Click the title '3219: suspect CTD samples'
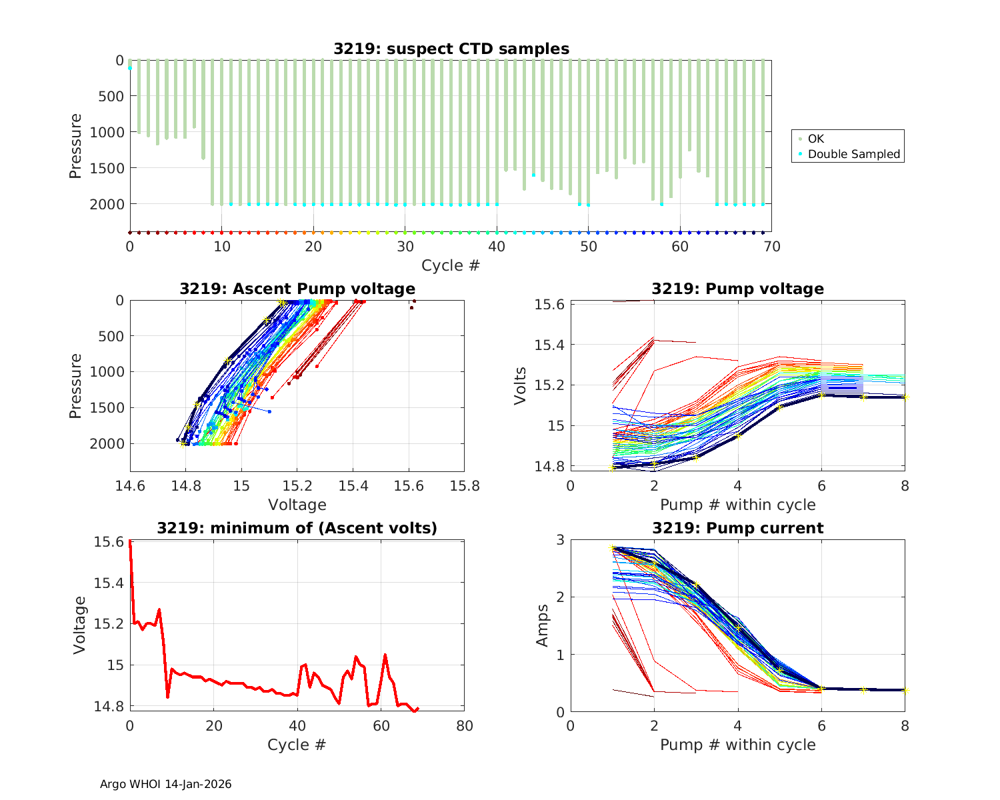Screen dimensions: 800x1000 (451, 49)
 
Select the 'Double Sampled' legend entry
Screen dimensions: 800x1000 (853, 154)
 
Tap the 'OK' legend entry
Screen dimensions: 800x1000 (815, 139)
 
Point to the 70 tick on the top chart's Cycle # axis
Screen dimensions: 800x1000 (771, 247)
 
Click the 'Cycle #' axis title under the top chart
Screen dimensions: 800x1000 (451, 265)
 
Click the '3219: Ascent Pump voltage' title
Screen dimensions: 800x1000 (297, 289)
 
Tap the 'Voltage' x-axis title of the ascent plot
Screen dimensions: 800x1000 (297, 505)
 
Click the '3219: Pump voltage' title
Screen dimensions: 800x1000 (737, 289)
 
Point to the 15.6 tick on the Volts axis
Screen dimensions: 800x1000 (551, 305)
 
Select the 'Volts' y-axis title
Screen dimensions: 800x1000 (521, 386)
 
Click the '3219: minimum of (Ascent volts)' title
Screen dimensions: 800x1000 (297, 528)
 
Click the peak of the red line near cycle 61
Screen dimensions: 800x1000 (385, 655)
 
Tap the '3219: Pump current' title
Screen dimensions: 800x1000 (737, 528)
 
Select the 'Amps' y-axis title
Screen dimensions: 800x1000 (543, 625)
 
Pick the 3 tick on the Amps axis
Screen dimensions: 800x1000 (560, 540)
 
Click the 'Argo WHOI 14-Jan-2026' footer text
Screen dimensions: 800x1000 (166, 784)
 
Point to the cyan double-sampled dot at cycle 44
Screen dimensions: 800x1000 (533, 175)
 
